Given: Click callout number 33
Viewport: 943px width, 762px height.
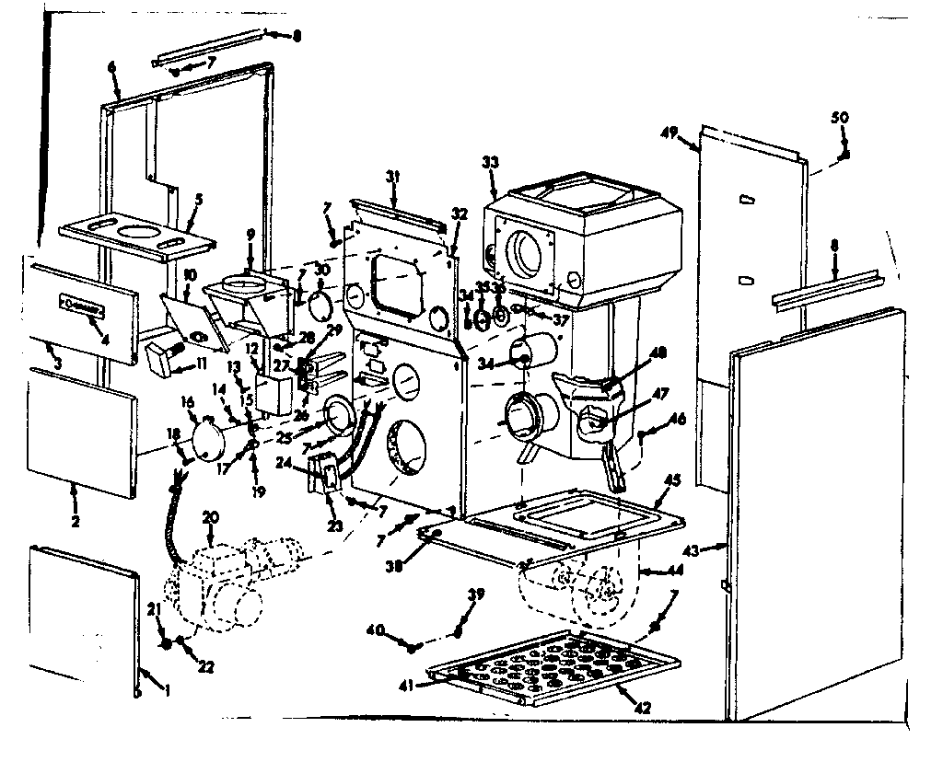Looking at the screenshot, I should pos(490,163).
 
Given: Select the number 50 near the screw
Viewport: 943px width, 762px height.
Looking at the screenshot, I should pos(840,118).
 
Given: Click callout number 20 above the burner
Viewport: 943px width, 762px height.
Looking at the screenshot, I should pos(211,518).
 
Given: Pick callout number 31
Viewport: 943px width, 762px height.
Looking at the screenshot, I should pos(393,176).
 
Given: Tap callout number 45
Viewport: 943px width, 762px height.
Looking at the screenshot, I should pos(673,479).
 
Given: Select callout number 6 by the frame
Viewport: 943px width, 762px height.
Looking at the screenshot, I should pos(111,66).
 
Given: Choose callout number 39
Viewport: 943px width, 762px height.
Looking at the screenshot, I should pos(475,595).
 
